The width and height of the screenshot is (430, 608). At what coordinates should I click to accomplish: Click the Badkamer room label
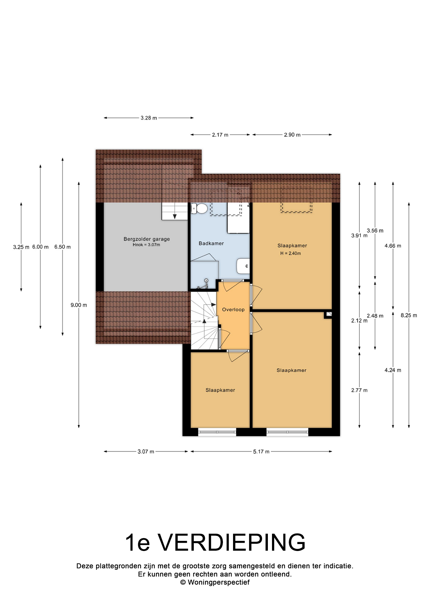pyautogui.click(x=211, y=244)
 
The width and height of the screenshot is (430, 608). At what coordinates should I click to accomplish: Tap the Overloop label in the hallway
pyautogui.click(x=233, y=310)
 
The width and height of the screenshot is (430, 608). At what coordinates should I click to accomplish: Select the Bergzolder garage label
pyautogui.click(x=147, y=239)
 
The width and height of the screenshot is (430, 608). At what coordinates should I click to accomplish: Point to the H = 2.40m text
pyautogui.click(x=290, y=253)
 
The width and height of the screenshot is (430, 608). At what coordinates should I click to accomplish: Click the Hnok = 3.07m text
pyautogui.click(x=146, y=245)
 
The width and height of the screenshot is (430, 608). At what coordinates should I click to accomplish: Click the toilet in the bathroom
pyautogui.click(x=199, y=209)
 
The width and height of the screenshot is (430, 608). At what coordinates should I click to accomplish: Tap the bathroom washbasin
pyautogui.click(x=243, y=266)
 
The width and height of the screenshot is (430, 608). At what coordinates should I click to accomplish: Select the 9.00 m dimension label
pyautogui.click(x=79, y=305)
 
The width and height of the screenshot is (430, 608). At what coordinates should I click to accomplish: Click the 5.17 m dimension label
pyautogui.click(x=261, y=452)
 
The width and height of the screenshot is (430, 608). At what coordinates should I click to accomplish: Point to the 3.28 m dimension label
pyautogui.click(x=149, y=118)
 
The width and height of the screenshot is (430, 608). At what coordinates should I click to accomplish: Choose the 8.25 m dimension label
pyautogui.click(x=409, y=315)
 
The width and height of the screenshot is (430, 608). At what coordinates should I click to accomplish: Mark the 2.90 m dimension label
pyautogui.click(x=292, y=135)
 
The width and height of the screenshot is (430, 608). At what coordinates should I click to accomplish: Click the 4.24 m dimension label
pyautogui.click(x=393, y=370)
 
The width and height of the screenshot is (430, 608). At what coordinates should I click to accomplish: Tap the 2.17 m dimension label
pyautogui.click(x=220, y=135)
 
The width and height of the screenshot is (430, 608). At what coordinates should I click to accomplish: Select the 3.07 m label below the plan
pyautogui.click(x=146, y=452)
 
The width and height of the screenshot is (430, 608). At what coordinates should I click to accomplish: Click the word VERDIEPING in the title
pyautogui.click(x=232, y=543)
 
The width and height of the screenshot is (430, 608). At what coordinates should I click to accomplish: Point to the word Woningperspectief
pyautogui.click(x=219, y=582)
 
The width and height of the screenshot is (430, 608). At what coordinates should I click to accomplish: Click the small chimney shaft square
pyautogui.click(x=328, y=314)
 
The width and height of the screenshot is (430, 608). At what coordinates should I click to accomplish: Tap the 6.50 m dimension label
pyautogui.click(x=62, y=247)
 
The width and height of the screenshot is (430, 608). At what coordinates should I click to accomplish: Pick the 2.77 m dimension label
pyautogui.click(x=359, y=390)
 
